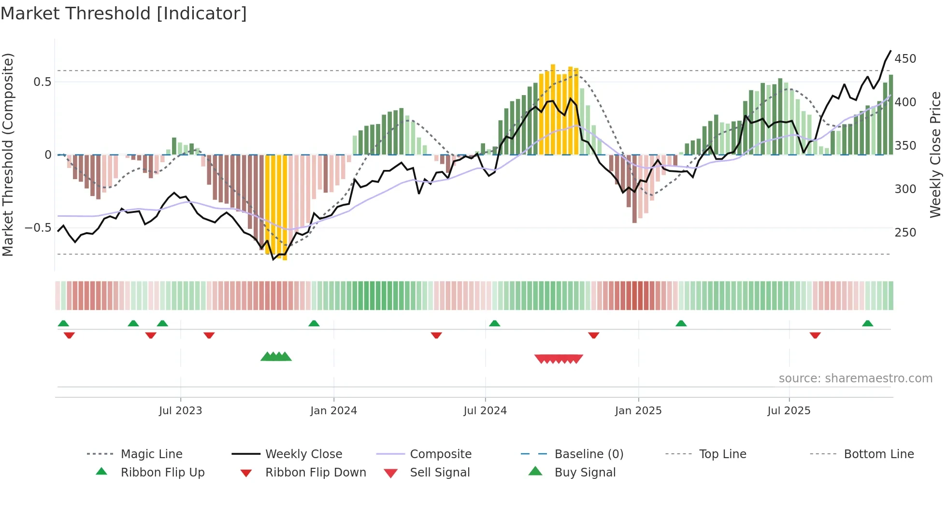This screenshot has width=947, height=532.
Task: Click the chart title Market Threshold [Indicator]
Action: click(x=124, y=14)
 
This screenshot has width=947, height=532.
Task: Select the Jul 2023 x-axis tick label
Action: click(x=180, y=411)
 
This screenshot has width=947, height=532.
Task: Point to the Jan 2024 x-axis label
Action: click(x=333, y=411)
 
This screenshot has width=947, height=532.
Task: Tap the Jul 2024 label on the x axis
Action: click(x=485, y=411)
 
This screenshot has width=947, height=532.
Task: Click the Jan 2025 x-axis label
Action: click(x=638, y=411)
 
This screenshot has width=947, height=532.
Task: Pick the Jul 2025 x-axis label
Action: click(x=789, y=411)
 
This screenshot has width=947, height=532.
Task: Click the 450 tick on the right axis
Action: click(x=905, y=59)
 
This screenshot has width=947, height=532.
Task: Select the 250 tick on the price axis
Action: click(x=905, y=233)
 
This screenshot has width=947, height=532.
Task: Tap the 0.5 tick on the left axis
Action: click(x=42, y=82)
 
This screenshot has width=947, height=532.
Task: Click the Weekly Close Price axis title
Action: click(x=935, y=154)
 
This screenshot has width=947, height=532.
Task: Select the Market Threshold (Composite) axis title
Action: click(x=8, y=154)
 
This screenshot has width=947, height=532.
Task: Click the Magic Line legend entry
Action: click(x=151, y=454)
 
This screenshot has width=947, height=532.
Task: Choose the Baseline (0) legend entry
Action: click(x=588, y=454)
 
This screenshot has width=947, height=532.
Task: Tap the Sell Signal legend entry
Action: click(x=439, y=473)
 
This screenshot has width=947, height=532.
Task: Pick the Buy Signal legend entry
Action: click(x=585, y=473)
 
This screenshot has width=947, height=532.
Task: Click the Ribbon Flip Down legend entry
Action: click(x=315, y=473)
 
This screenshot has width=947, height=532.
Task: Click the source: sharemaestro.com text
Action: click(x=855, y=378)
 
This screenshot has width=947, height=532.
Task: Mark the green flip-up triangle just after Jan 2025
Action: click(x=681, y=323)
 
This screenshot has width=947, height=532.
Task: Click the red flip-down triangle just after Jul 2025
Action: click(x=815, y=335)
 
